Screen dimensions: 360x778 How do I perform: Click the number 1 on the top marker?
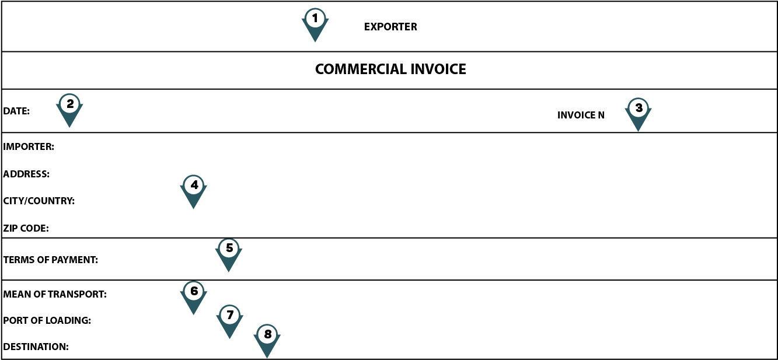click(x=315, y=19)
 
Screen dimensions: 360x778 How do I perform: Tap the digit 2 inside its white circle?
click(x=70, y=104)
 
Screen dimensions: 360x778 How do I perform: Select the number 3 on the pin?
click(x=639, y=108)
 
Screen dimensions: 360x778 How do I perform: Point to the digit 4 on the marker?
click(x=194, y=186)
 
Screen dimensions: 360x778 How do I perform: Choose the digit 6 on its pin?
click(x=194, y=291)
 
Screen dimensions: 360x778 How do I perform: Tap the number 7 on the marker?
click(x=230, y=315)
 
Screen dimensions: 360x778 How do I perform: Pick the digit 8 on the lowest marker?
click(x=267, y=334)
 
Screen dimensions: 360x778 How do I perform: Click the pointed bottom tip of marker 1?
click(x=315, y=41)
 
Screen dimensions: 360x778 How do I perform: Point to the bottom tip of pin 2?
click(x=69, y=127)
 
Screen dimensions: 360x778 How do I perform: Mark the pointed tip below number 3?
click(x=638, y=131)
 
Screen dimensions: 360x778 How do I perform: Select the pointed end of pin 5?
click(x=229, y=271)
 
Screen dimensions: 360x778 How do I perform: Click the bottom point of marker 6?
click(x=193, y=314)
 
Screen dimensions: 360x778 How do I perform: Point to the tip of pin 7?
click(x=229, y=338)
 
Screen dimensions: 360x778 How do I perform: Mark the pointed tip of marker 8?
click(x=267, y=357)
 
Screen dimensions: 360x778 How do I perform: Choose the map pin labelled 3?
click(x=639, y=114)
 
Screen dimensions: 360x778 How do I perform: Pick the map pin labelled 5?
click(x=229, y=254)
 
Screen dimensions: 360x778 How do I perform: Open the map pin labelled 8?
click(x=267, y=340)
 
